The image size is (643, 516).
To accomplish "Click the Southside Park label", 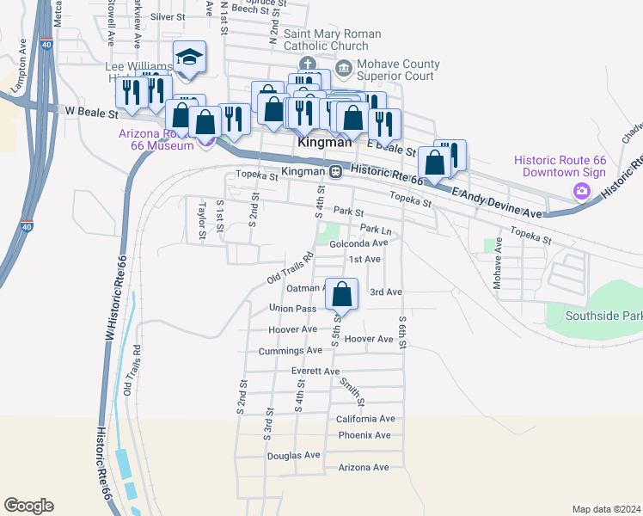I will coord(603,316).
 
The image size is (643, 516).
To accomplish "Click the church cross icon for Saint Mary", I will coord(307,64).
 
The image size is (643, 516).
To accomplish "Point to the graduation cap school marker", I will coord(189,58).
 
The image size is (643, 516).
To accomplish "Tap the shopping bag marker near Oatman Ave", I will coord(342,294).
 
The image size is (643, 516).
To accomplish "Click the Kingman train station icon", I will coord(337,171).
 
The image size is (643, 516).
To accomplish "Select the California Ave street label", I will coord(365,419).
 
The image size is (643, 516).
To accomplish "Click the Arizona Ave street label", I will coord(364,468).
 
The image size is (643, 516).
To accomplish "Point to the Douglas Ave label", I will coord(293,456).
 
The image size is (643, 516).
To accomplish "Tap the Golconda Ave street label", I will coord(359,243).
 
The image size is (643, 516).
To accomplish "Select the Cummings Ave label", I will coord(290,351).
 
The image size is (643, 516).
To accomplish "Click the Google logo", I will coord(28,506).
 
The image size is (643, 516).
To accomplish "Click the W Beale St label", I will coord(90,112).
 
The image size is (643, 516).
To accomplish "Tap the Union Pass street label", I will coord(293,308).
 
